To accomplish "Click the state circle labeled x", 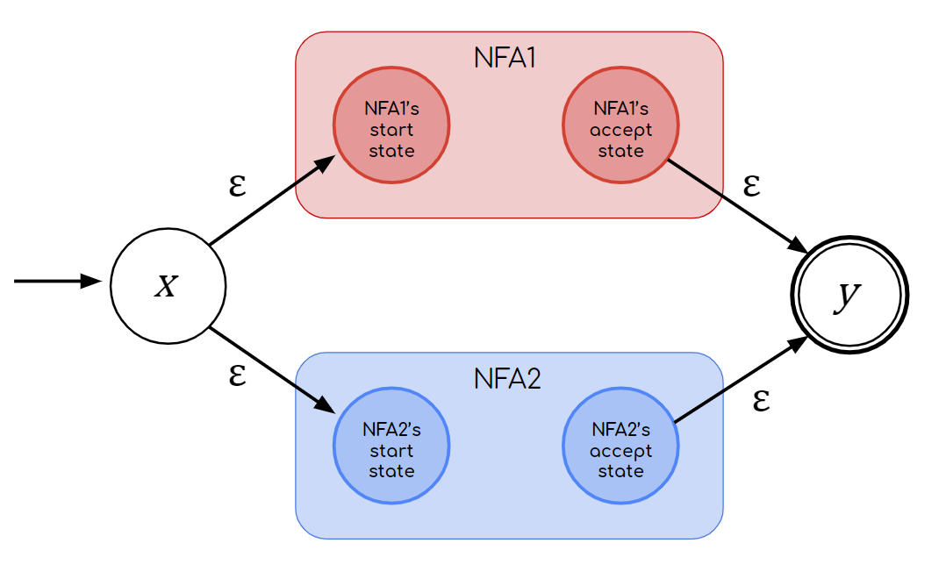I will coord(168,286).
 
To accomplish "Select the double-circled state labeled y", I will coord(849,296).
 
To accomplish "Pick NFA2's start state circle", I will coord(391,447).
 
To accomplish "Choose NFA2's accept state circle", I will coord(620,447).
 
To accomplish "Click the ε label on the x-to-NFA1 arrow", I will coord(236,187).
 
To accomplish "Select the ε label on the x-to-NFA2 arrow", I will coord(236,375).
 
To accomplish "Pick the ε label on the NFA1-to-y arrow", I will coord(751,185).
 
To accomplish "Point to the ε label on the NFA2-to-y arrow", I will coord(762,401).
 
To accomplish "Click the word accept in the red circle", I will coord(620,131).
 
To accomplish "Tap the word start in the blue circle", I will coord(391,451).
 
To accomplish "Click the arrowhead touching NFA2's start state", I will coord(326,407).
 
